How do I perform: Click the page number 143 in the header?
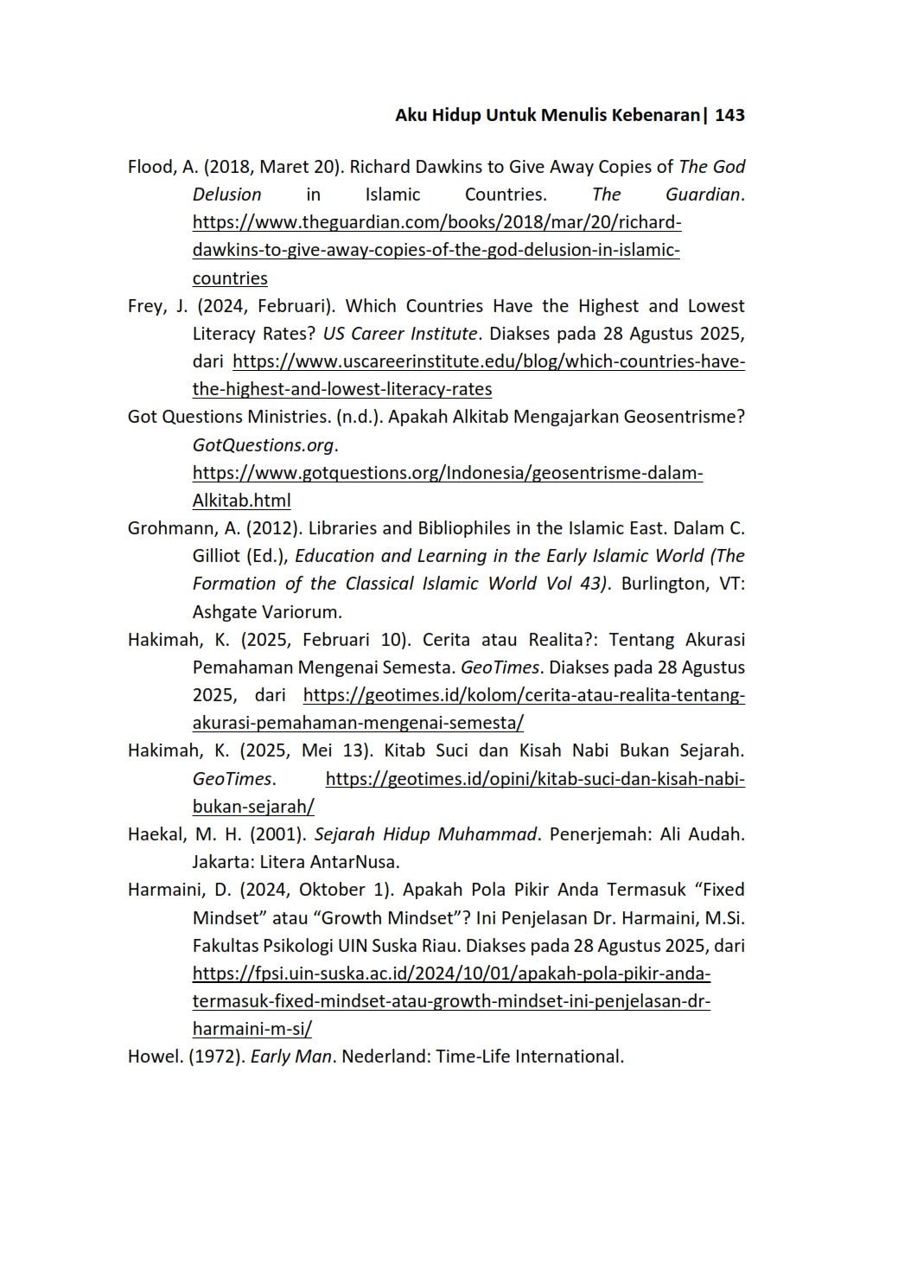(729, 115)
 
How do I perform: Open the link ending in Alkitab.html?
(241, 501)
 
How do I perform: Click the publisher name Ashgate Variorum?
(266, 612)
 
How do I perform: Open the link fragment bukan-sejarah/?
(253, 807)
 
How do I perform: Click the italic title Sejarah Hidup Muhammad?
(426, 834)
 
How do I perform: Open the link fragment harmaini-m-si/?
(252, 1029)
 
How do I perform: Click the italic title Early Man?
(290, 1057)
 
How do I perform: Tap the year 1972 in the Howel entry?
(217, 1057)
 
